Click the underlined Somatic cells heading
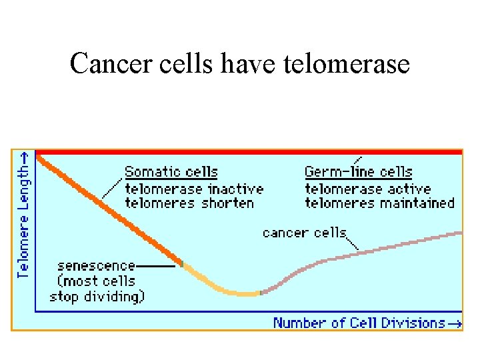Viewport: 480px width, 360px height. click(171, 172)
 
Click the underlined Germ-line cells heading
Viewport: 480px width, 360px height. click(358, 172)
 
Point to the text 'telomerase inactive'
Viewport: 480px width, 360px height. click(194, 189)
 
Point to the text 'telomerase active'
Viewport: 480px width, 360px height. click(367, 189)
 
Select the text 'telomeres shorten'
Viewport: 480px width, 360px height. click(189, 203)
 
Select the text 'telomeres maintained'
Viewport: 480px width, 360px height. click(379, 203)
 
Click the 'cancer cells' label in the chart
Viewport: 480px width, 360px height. click(304, 233)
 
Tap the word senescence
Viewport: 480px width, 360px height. click(96, 266)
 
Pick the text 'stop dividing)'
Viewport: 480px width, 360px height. click(97, 296)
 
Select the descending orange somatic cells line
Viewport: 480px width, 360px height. click(107, 208)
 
